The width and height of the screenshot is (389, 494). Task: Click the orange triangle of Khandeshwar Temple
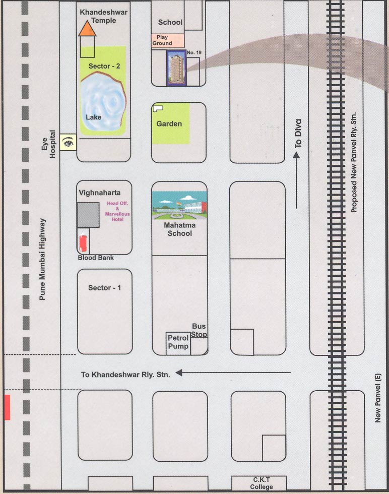pos(88,30)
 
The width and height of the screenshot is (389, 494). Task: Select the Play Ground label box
pos(168,41)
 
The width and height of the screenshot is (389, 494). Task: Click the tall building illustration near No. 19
pos(176,69)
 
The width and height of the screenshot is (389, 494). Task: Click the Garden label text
pos(169,124)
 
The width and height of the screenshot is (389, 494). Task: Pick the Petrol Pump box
pos(178,343)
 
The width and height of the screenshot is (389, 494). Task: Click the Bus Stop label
pos(199,331)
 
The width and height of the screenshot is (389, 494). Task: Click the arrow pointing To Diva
pos(297,181)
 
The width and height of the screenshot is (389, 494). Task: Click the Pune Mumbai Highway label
pos(43,260)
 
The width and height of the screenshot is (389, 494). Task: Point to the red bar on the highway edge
pos(7,407)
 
